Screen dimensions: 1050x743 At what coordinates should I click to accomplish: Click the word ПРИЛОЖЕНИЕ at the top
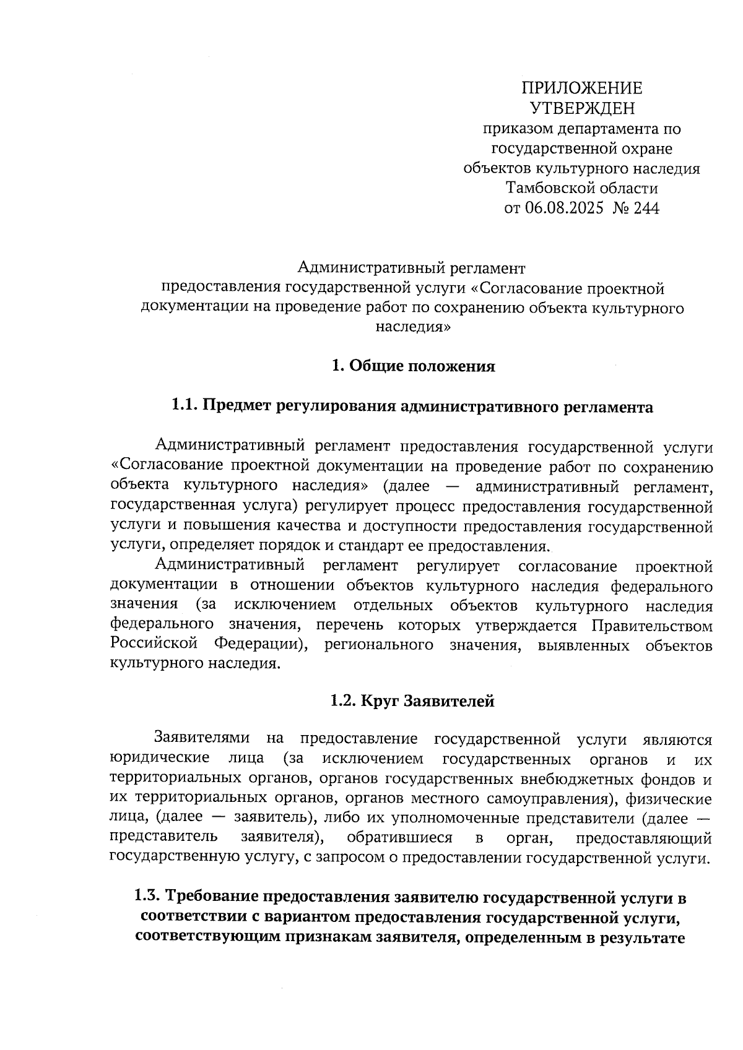tap(581, 88)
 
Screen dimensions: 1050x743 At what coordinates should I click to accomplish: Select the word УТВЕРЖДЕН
tap(582, 108)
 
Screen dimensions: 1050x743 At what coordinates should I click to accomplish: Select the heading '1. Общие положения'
tap(413, 366)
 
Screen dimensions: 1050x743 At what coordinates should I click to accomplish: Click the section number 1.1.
tap(184, 407)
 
